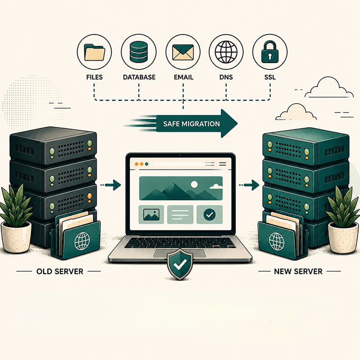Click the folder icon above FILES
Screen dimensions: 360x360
[94, 52]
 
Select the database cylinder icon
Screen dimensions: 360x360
[139, 52]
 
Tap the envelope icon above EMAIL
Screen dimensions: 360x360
[183, 52]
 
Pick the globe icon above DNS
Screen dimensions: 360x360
[226, 52]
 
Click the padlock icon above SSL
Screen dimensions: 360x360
[270, 52]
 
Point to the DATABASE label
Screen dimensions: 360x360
[139, 77]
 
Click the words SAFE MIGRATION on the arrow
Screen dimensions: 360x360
[192, 124]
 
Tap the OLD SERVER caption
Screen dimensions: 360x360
[60, 271]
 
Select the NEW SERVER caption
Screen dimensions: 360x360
[298, 271]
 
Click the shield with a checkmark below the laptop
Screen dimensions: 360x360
[180, 264]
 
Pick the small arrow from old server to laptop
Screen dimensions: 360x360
[111, 185]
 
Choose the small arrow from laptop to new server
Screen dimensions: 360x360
[249, 185]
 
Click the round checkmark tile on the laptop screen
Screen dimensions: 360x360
[209, 215]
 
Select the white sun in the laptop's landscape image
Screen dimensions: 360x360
[194, 184]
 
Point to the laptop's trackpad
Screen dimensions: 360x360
[180, 253]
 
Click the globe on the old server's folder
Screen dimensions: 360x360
[82, 241]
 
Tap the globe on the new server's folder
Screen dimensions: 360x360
[276, 241]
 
